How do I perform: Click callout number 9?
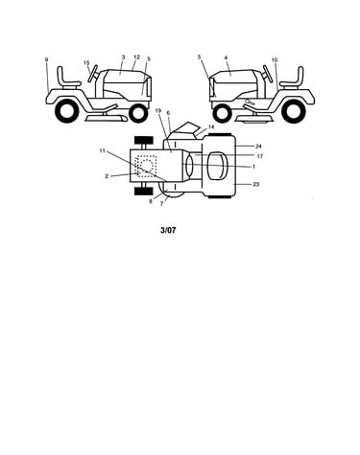click(x=46, y=59)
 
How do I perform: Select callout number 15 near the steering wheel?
click(x=86, y=63)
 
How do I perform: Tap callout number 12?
click(x=136, y=57)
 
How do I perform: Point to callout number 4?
click(x=226, y=57)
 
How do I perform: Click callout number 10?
click(x=275, y=60)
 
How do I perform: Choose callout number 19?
click(x=157, y=110)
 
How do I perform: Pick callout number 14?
click(x=211, y=127)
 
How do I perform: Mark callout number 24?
click(x=258, y=147)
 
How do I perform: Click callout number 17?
click(x=260, y=156)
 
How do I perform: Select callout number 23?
click(x=256, y=184)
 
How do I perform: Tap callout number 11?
click(x=102, y=150)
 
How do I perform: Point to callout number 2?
click(x=107, y=176)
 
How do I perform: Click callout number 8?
click(x=151, y=201)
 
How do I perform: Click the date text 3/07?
click(x=168, y=230)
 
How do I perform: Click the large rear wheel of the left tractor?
click(x=67, y=110)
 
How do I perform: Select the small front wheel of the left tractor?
click(x=138, y=113)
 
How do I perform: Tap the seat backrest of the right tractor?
click(x=300, y=75)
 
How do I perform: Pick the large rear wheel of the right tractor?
click(x=294, y=111)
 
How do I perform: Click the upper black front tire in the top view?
click(x=144, y=140)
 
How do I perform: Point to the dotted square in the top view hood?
click(x=146, y=166)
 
